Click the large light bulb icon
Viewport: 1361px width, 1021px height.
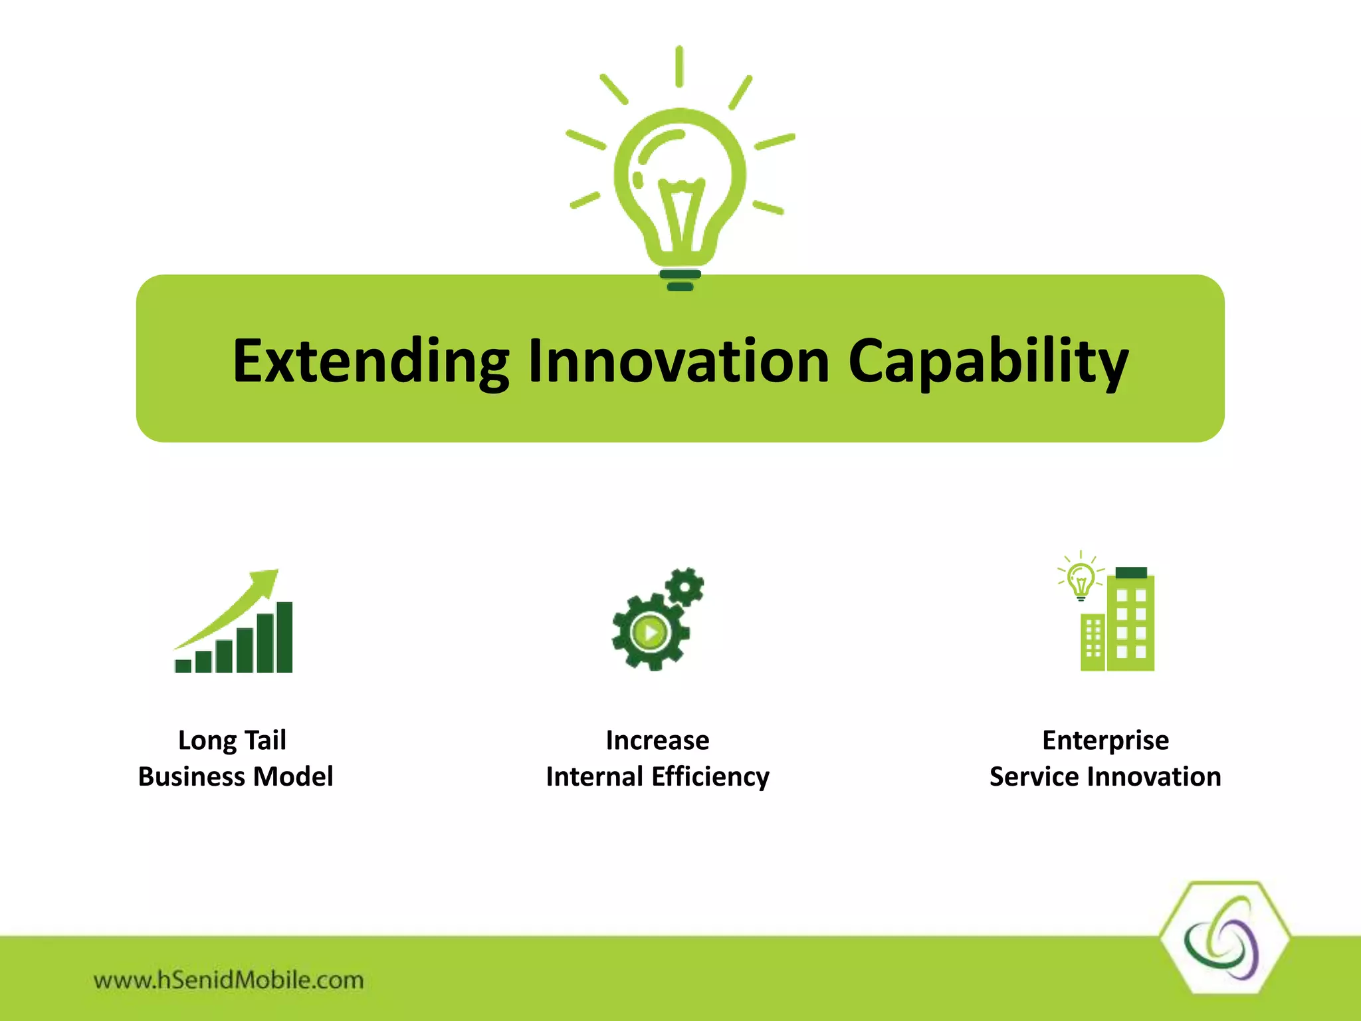tap(680, 186)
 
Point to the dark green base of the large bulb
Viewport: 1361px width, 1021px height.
tap(680, 280)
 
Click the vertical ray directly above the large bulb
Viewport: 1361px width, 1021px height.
tap(679, 66)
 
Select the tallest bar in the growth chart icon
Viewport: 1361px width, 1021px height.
tap(284, 637)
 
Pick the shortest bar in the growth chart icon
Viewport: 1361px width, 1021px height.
tap(183, 665)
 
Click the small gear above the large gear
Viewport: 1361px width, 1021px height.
tap(684, 586)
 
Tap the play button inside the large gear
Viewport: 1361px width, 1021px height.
tap(650, 631)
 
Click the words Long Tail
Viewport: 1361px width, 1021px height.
tap(232, 740)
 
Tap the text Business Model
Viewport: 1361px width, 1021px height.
tap(235, 776)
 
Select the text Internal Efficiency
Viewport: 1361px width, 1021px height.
tap(657, 776)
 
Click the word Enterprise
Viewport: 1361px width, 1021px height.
tap(1105, 740)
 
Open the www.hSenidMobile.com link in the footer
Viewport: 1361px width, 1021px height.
tap(229, 980)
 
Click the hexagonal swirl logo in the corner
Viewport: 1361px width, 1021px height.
tap(1223, 939)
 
